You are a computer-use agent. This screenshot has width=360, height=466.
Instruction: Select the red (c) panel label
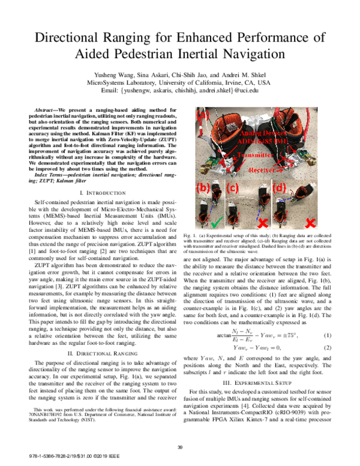pos(233,187)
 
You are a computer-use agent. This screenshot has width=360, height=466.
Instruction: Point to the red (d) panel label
pos(280,187)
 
